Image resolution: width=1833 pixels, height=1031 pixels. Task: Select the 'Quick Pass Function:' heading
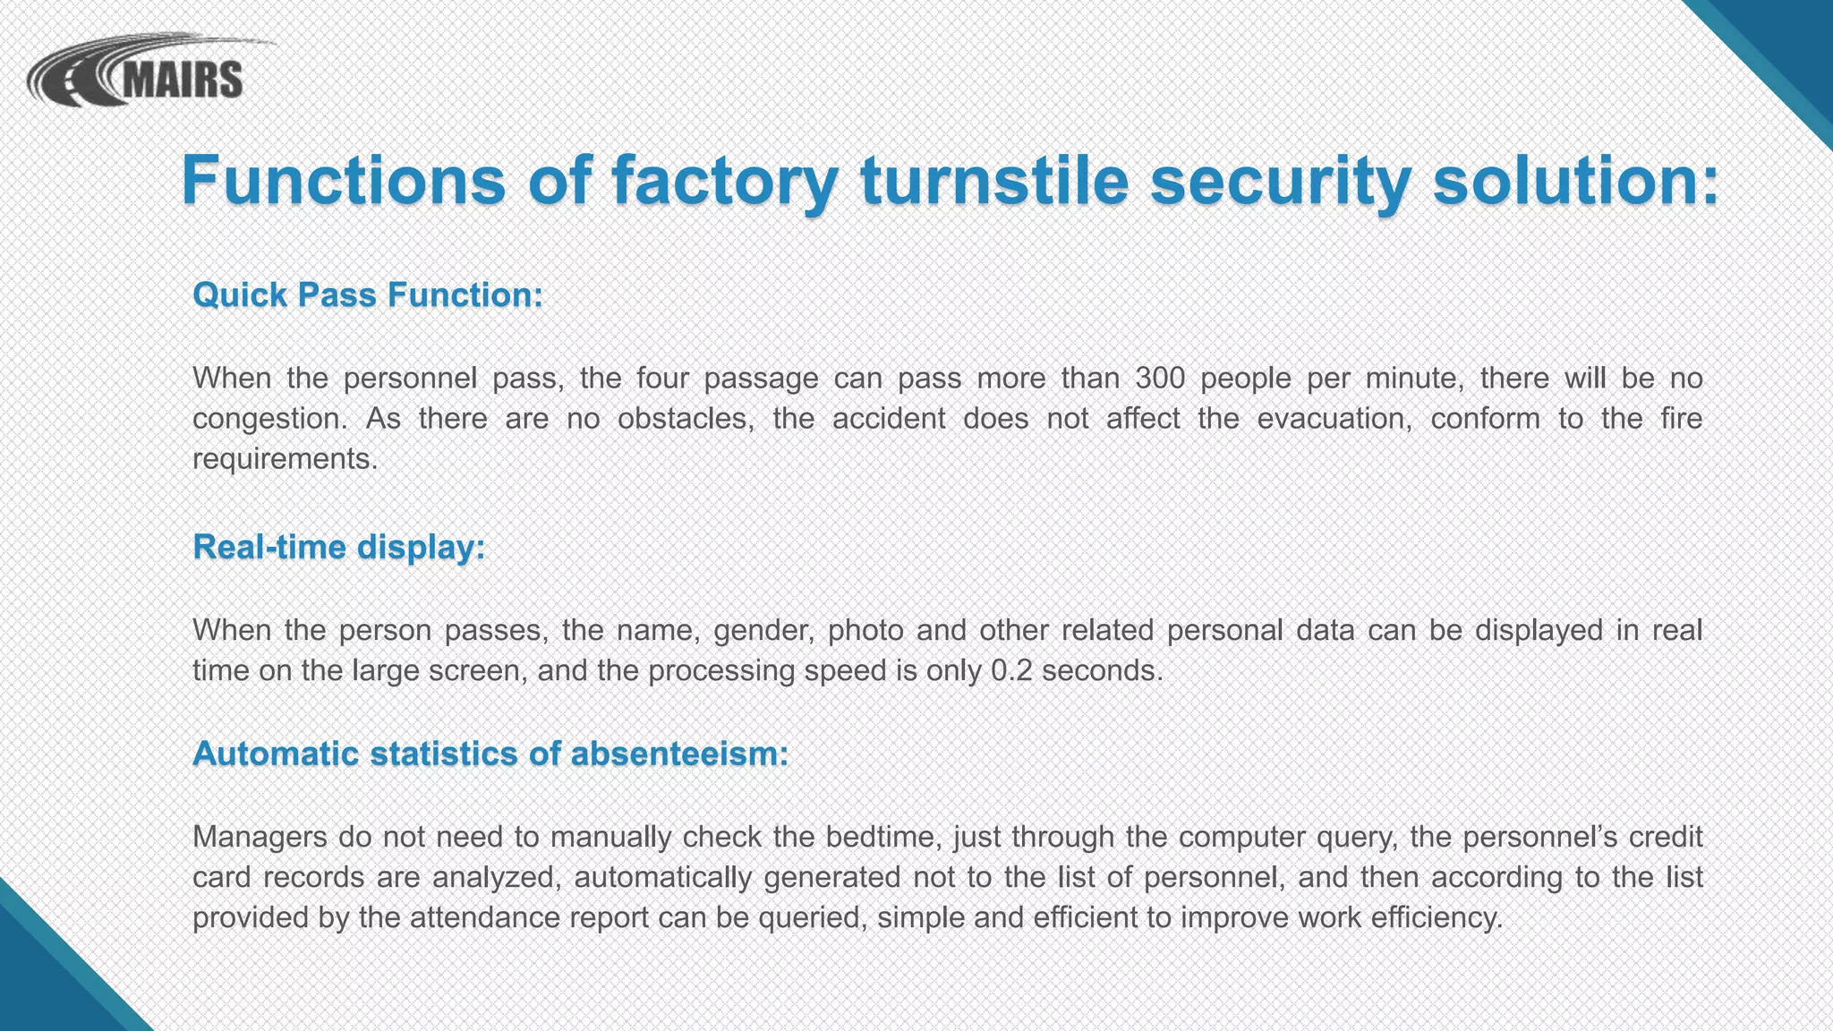pyautogui.click(x=368, y=294)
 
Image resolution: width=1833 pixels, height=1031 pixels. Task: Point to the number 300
pyautogui.click(x=1160, y=378)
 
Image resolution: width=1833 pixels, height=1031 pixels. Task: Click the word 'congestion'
pyautogui.click(x=267, y=419)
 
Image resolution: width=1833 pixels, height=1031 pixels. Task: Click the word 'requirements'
pyautogui.click(x=283, y=459)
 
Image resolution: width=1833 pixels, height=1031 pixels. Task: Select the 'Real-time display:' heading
pyautogui.click(x=339, y=547)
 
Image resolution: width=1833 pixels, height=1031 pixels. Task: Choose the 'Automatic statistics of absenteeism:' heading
pyautogui.click(x=490, y=754)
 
